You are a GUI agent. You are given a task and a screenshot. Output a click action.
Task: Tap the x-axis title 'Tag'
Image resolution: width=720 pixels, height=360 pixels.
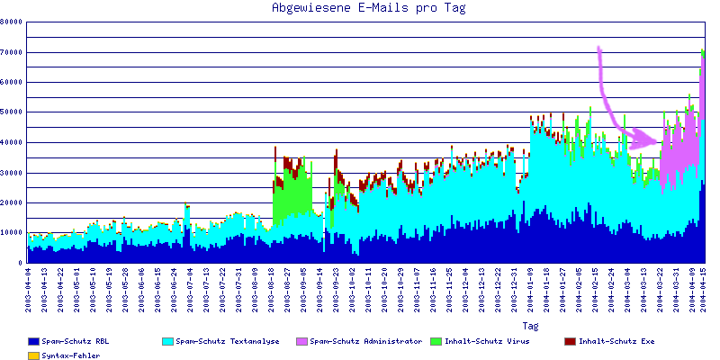click(x=530, y=326)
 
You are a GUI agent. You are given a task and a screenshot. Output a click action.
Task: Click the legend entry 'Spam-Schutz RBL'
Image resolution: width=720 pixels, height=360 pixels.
click(x=76, y=342)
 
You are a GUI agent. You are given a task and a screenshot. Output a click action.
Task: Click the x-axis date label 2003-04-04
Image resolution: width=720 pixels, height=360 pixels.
click(x=30, y=287)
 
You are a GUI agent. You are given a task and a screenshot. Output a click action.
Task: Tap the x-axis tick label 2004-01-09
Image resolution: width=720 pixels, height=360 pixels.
click(x=532, y=287)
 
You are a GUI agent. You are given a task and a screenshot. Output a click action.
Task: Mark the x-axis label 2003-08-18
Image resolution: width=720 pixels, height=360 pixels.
click(x=272, y=287)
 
